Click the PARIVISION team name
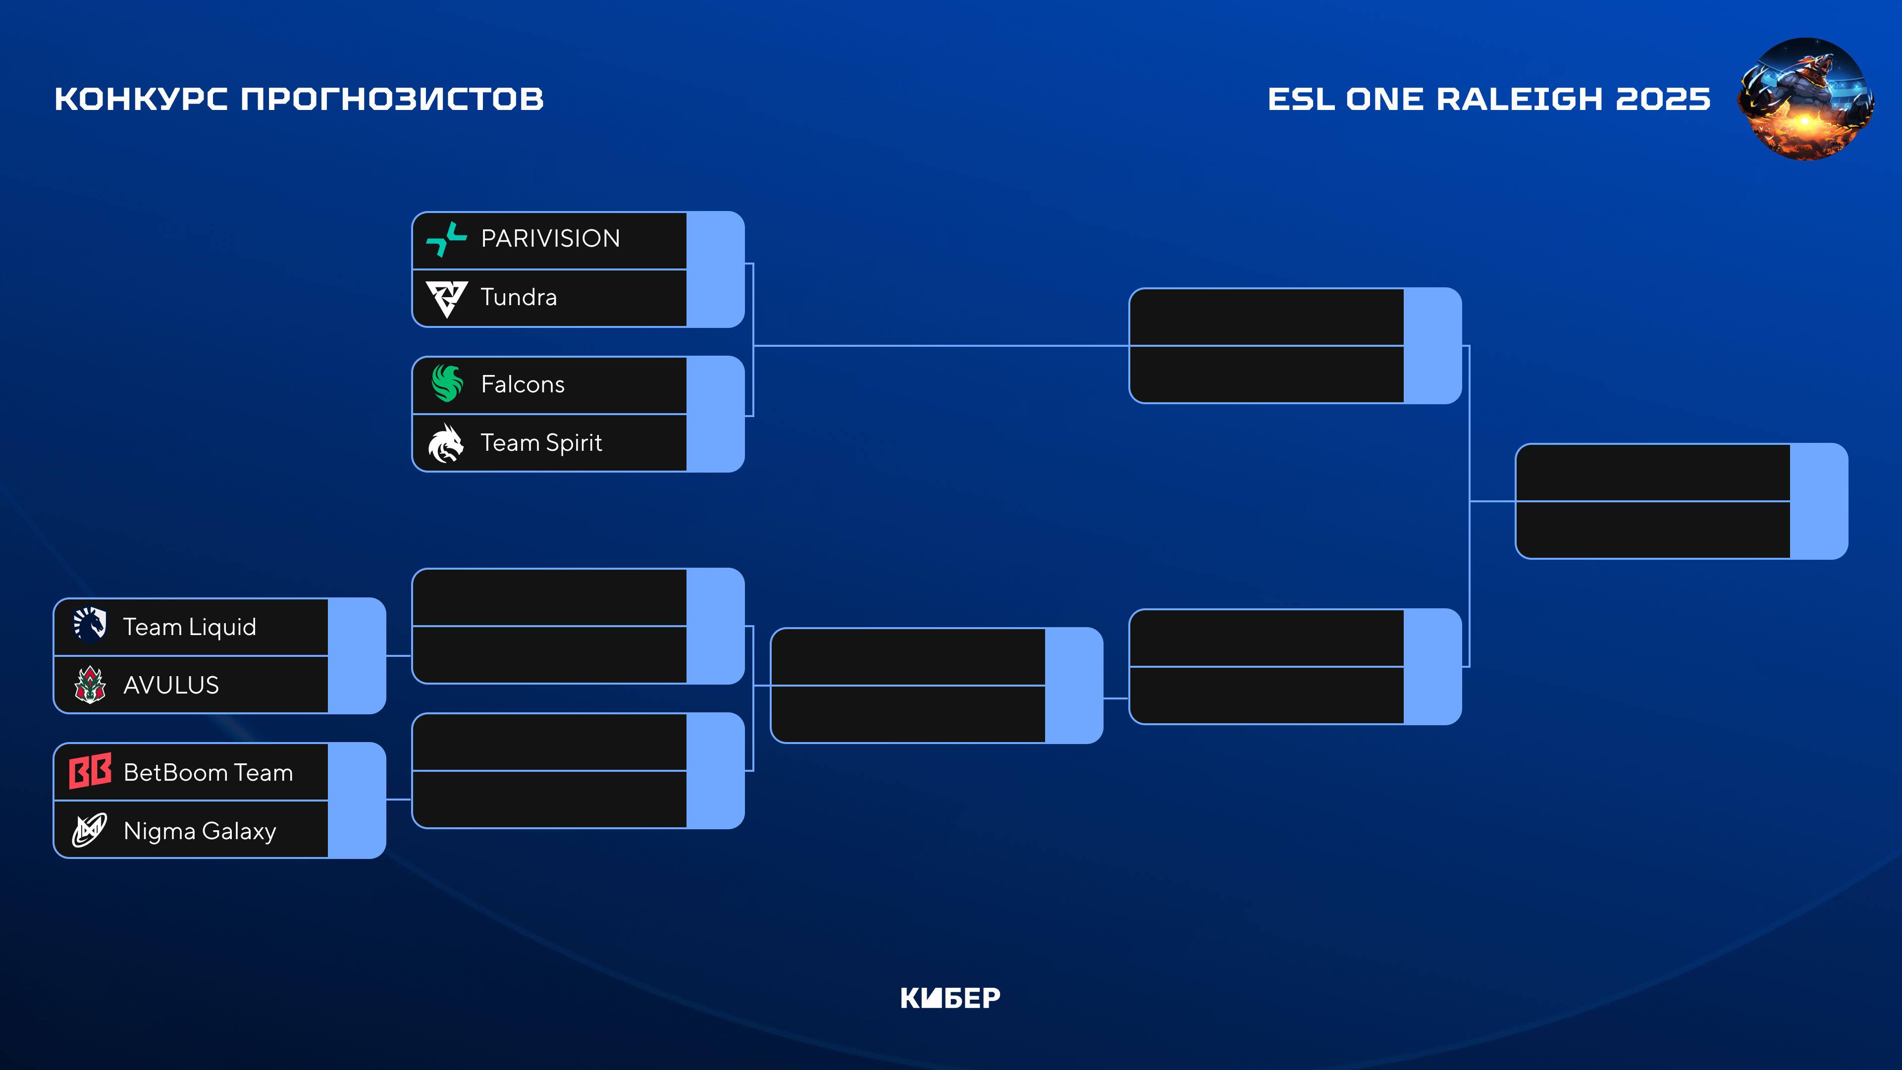pyautogui.click(x=550, y=238)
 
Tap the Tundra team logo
pyautogui.click(x=447, y=298)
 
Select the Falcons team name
pyautogui.click(x=523, y=385)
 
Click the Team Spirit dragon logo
pyautogui.click(x=446, y=443)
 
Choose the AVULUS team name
pyautogui.click(x=171, y=685)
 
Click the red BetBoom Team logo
pyautogui.click(x=90, y=772)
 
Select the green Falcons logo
pyautogui.click(x=447, y=383)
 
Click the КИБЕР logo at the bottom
pyautogui.click(x=951, y=998)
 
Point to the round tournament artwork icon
pyautogui.click(x=1805, y=99)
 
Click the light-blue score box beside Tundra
pyautogui.click(x=715, y=298)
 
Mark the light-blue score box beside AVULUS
pyautogui.click(x=357, y=685)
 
